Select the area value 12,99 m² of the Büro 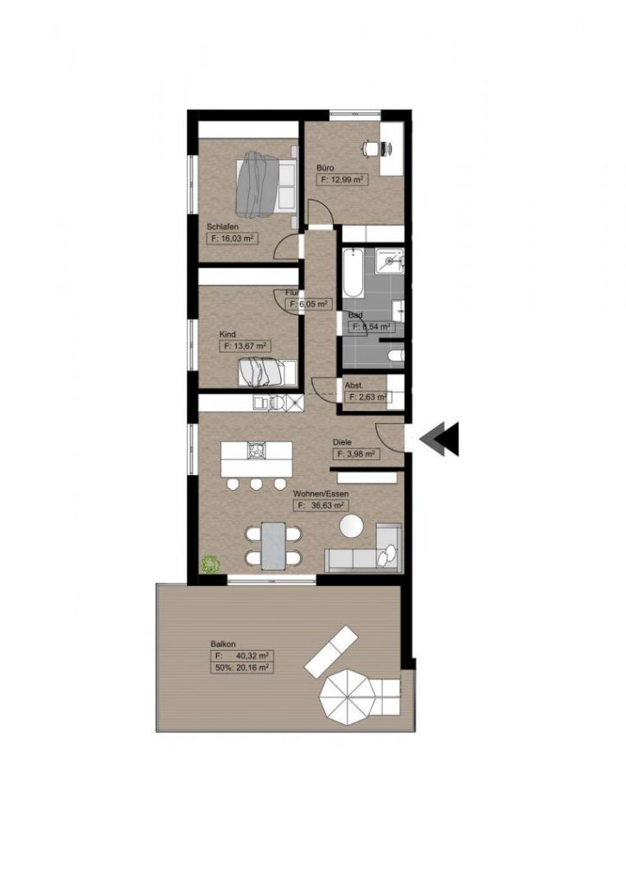[x=341, y=180]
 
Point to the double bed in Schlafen [x=266, y=183]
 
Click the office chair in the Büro [x=374, y=149]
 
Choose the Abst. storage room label [x=353, y=385]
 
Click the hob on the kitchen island [x=258, y=449]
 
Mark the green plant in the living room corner [x=209, y=563]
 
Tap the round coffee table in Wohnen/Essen [x=352, y=525]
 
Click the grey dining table [x=275, y=545]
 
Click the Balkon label [x=220, y=644]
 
